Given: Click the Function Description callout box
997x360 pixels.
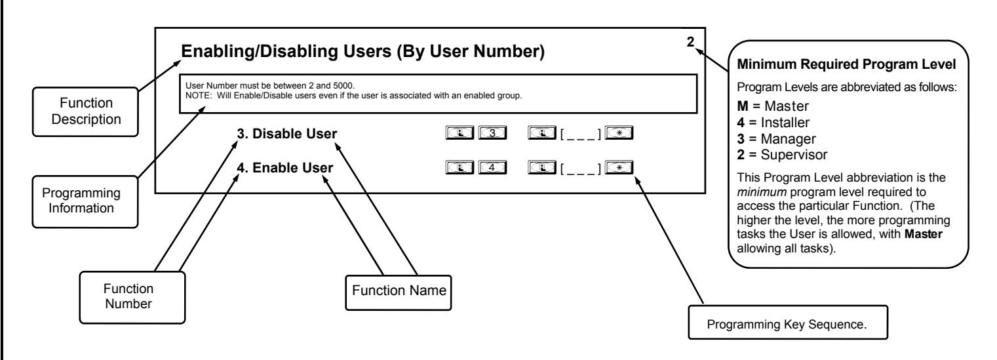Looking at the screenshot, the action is click(85, 111).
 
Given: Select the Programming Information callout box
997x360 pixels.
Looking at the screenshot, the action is click(85, 201).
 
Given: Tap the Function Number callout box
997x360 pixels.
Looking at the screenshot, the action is click(132, 297).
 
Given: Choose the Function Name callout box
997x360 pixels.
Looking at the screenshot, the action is click(399, 292).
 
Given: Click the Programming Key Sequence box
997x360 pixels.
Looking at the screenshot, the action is click(788, 322).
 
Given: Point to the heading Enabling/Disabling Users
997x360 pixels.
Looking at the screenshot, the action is click(362, 51).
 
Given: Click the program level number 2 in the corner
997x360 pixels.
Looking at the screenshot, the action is click(690, 42).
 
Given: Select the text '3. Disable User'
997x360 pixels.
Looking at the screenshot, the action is click(286, 134).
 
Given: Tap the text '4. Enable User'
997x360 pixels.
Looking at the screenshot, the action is click(285, 168).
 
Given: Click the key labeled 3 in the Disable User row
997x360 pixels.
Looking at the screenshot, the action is click(492, 133).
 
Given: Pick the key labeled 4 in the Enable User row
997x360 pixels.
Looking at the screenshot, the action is click(492, 167).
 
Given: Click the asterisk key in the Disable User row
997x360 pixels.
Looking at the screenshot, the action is click(619, 133).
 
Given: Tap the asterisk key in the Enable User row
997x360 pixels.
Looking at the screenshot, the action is click(619, 167).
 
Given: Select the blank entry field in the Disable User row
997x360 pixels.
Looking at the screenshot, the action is click(580, 134).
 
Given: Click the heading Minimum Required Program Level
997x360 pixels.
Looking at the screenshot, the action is click(846, 64).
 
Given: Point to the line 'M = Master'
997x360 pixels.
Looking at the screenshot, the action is click(773, 106).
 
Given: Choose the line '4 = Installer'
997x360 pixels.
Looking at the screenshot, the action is click(773, 123).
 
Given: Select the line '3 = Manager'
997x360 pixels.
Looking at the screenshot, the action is click(776, 139).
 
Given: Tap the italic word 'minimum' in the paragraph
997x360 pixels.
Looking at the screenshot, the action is click(762, 192).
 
